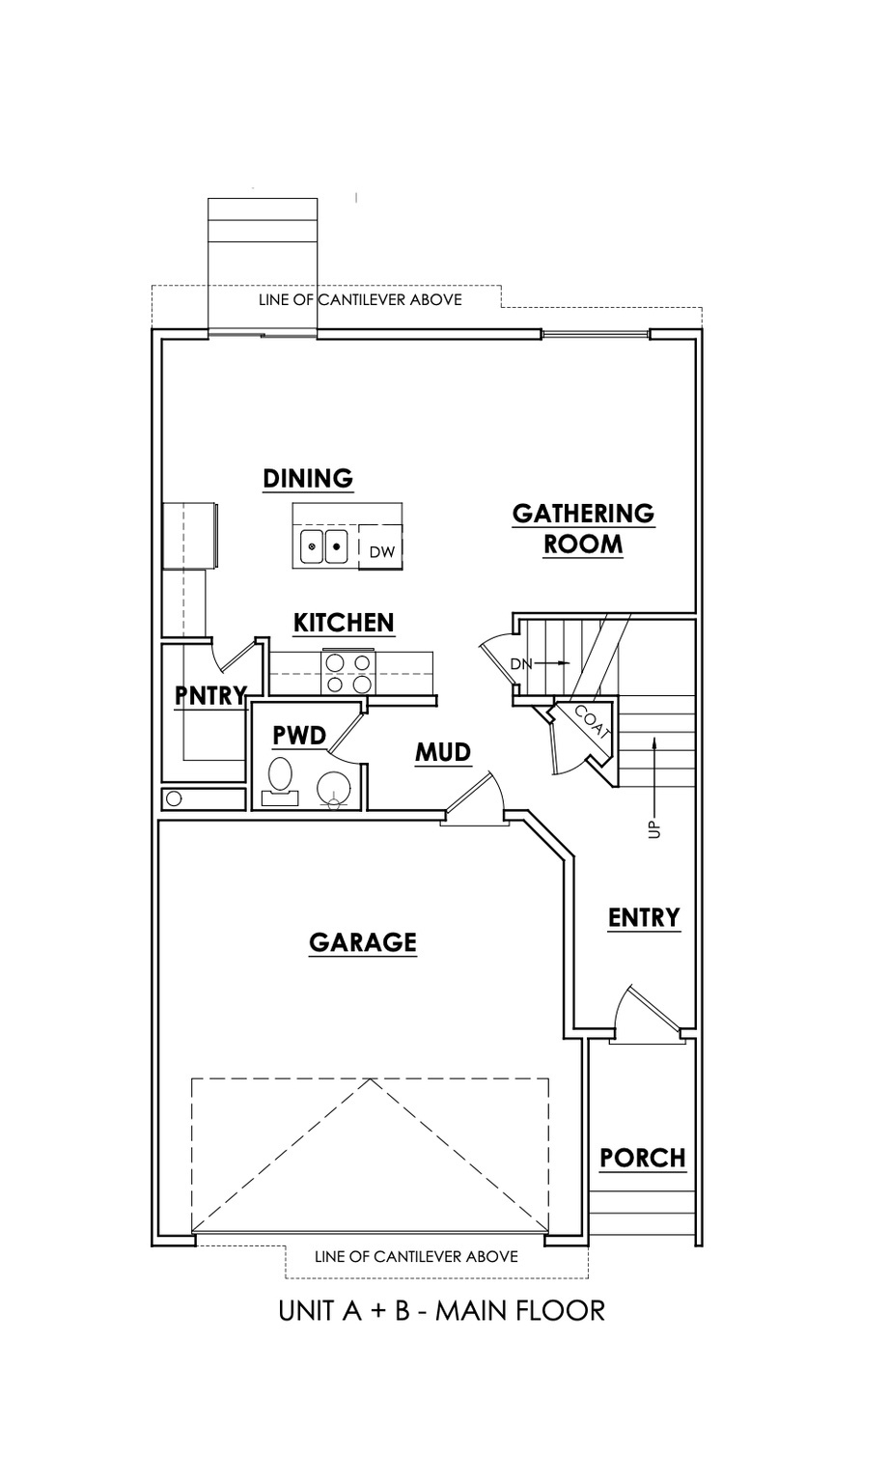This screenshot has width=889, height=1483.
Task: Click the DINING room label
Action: click(308, 479)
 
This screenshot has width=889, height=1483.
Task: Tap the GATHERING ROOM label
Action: click(583, 528)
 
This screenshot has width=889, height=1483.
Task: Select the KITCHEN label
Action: click(344, 623)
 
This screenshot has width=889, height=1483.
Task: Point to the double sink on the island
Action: click(323, 546)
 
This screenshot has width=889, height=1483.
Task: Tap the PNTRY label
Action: click(210, 694)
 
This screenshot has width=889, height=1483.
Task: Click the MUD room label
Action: click(443, 752)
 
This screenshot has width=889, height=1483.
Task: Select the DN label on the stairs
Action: click(520, 663)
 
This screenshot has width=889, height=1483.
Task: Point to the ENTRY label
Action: click(644, 917)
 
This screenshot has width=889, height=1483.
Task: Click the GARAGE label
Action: click(363, 942)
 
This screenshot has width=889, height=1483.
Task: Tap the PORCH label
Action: click(642, 1158)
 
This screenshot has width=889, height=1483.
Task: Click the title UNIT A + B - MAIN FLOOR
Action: click(441, 1310)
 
